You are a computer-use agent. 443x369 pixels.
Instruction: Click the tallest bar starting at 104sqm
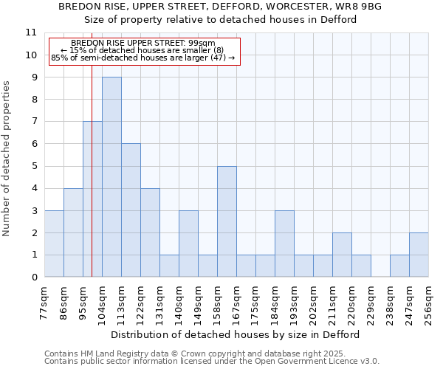[111, 177]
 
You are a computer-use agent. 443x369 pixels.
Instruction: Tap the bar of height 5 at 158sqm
[227, 221]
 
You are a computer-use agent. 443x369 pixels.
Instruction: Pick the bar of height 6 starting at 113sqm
[131, 210]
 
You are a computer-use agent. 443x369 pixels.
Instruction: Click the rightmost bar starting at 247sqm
[419, 255]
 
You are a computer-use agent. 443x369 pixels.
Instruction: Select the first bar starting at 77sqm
[54, 244]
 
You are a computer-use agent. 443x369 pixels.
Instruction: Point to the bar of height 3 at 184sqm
[284, 244]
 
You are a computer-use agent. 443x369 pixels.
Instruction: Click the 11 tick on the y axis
[31, 32]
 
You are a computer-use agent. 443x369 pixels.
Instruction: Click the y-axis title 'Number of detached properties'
[7, 159]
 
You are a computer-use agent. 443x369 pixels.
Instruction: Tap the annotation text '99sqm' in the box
[200, 44]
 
